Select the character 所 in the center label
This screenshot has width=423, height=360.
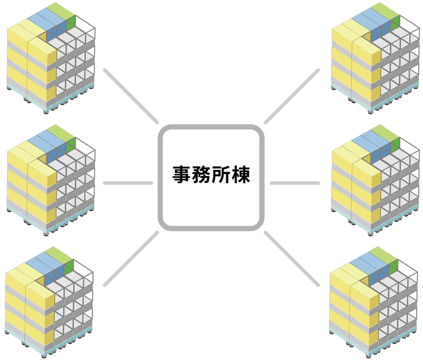(x=222, y=176)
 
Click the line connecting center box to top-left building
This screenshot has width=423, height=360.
(x=131, y=96)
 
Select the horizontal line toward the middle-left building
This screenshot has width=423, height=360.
(x=128, y=183)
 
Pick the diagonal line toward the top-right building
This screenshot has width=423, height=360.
(x=292, y=96)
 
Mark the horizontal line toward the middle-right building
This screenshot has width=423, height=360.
(x=295, y=183)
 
